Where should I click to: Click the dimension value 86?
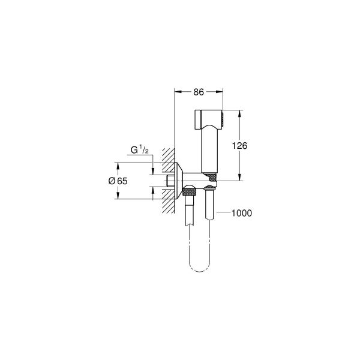click(x=199, y=92)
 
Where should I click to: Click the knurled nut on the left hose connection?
click(x=190, y=193)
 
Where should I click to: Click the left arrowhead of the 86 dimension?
click(x=176, y=92)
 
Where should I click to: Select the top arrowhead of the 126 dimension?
click(x=240, y=112)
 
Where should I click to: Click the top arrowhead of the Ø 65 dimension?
click(x=118, y=163)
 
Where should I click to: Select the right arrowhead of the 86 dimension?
click(x=221, y=92)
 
